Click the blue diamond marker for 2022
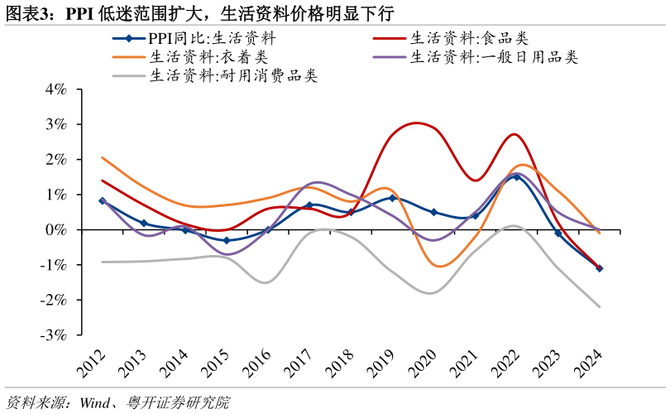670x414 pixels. (516, 176)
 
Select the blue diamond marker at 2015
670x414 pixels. (227, 240)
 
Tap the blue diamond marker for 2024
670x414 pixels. (599, 268)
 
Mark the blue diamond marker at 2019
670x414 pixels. (392, 198)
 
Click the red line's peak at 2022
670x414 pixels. (514, 134)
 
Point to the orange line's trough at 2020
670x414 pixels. (438, 267)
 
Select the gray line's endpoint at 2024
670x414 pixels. (599, 306)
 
